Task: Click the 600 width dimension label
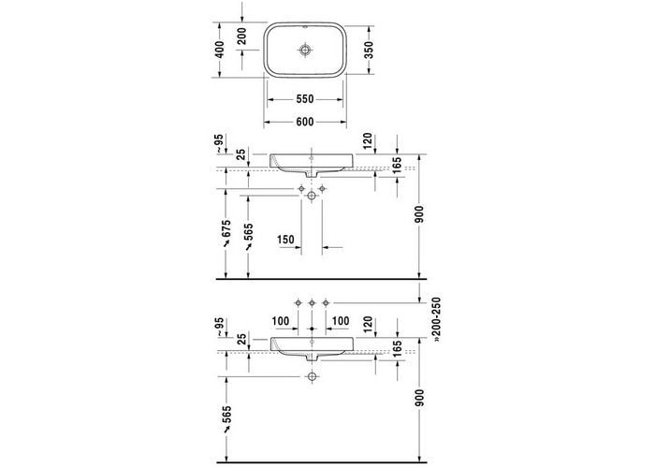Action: click(x=305, y=122)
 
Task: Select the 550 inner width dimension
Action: click(x=305, y=99)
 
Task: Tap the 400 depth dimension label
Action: click(x=220, y=50)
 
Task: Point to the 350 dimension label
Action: click(x=369, y=50)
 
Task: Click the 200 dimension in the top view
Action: click(x=242, y=36)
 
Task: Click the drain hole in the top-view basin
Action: click(x=305, y=50)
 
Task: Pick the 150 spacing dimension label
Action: click(x=285, y=240)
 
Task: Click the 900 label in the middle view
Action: click(x=420, y=213)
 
